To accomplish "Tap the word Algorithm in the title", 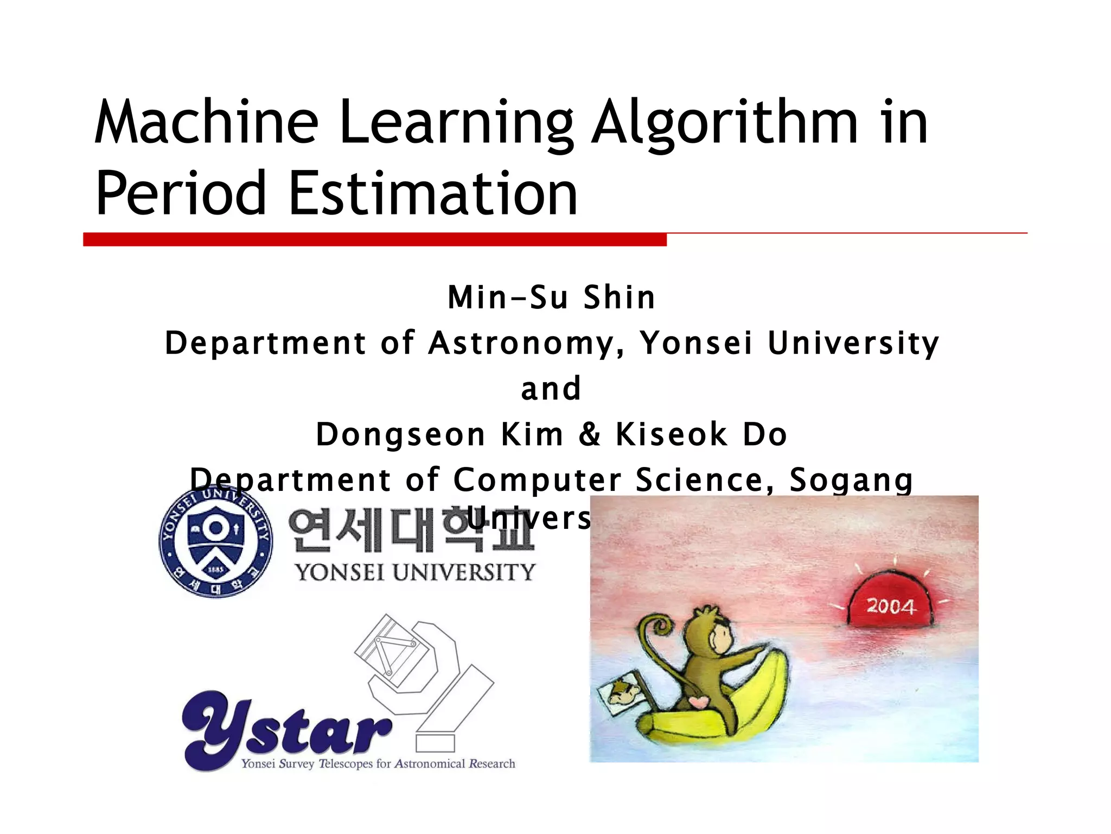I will coord(725,124).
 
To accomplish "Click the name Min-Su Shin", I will coord(551,298).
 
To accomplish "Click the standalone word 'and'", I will coord(551,389).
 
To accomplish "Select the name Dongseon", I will coord(400,435).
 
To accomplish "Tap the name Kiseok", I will coord(671,434).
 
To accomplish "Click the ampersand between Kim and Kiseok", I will coord(590,434).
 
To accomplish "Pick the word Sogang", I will coord(851,480).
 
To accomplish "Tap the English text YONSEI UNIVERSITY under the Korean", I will coord(415,572).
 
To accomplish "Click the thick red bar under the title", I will coord(374,239).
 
